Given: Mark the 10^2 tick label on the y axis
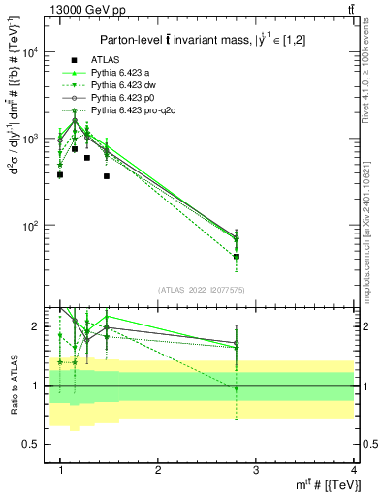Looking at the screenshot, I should tap(32, 226).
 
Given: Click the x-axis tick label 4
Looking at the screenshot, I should tap(353, 470).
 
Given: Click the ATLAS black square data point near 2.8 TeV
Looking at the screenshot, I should tap(236, 257).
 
